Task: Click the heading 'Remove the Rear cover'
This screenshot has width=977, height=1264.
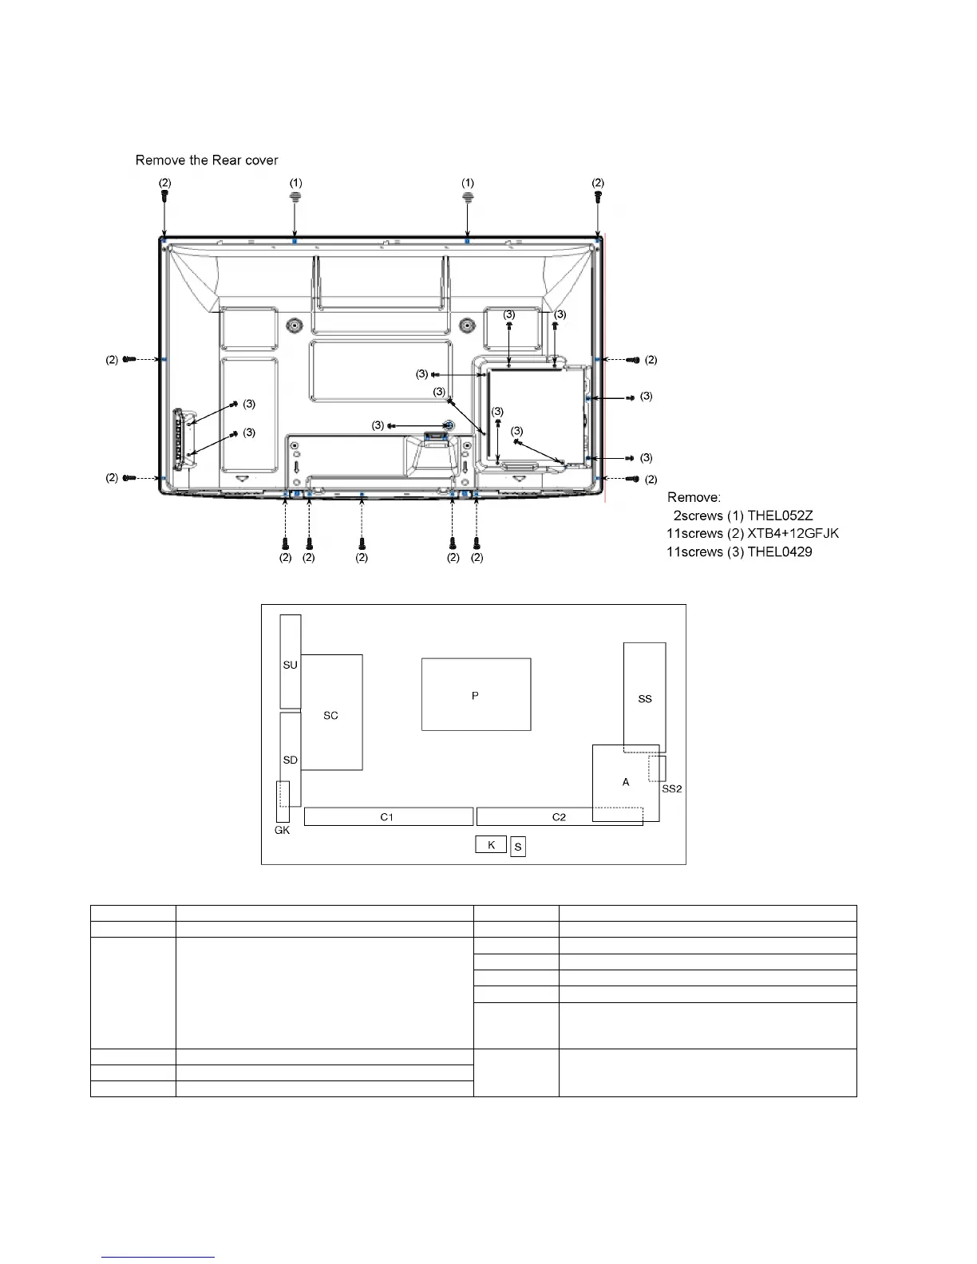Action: click(x=207, y=160)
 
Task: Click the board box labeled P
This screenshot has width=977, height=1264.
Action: click(x=476, y=694)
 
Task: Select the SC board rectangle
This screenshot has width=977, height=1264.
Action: click(x=332, y=713)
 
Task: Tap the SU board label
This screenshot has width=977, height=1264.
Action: click(x=290, y=665)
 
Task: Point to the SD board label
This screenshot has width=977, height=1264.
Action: click(x=290, y=760)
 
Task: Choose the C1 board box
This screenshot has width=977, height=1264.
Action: click(x=389, y=816)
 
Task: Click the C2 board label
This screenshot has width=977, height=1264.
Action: click(x=559, y=816)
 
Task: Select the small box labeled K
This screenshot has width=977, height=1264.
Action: click(x=491, y=844)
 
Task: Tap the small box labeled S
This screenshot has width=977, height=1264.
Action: click(x=518, y=847)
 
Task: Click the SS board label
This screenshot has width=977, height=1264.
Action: click(x=645, y=698)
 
